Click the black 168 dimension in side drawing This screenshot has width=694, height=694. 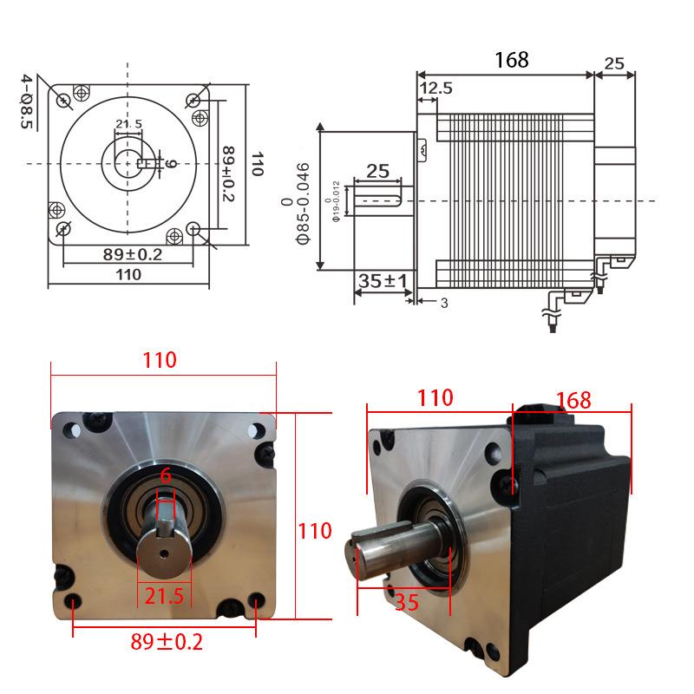tap(511, 60)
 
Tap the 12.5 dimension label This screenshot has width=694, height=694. tap(436, 88)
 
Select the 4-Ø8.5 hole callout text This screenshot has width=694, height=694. tap(27, 101)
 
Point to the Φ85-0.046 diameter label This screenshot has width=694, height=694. tap(303, 203)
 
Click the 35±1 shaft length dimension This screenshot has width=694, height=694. tap(383, 280)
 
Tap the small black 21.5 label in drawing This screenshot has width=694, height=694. tap(128, 123)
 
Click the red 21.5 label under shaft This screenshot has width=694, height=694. tap(164, 596)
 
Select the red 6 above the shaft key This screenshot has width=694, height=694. tap(166, 475)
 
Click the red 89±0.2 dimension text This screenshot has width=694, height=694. tap(167, 642)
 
